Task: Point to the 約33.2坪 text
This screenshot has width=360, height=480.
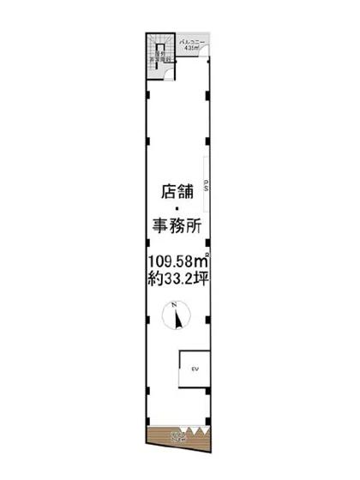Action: [x=179, y=278]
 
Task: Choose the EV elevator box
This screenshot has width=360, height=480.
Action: [x=195, y=369]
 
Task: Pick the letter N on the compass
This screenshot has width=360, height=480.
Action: [x=175, y=307]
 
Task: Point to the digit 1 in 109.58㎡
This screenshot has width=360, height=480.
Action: [x=151, y=261]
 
